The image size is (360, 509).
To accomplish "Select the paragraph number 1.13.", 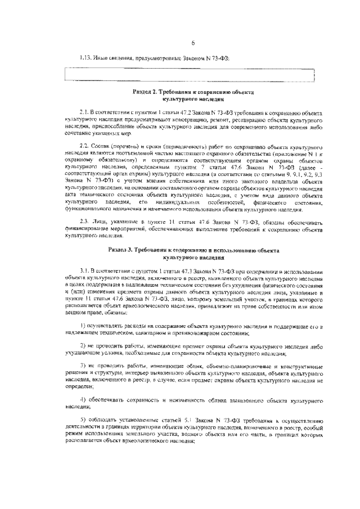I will coord(85,57).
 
